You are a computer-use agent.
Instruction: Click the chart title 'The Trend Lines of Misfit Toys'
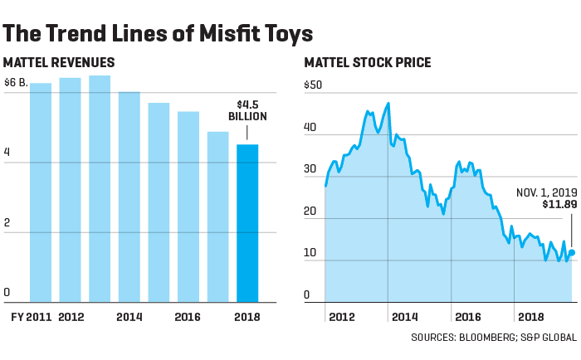[x=158, y=34]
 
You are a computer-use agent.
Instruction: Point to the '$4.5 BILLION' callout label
[x=247, y=110]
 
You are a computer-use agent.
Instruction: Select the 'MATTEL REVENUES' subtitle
[x=59, y=63]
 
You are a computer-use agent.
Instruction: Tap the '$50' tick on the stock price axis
[x=313, y=85]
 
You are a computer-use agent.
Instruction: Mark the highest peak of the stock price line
[x=388, y=103]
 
